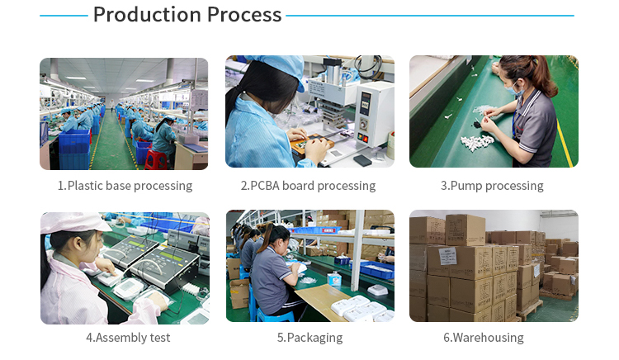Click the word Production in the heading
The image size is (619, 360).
pyautogui.click(x=145, y=15)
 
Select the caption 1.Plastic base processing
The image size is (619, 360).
pyautogui.click(x=125, y=186)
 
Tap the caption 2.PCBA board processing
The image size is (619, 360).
pyautogui.click(x=308, y=186)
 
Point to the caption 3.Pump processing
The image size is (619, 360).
pyautogui.click(x=492, y=186)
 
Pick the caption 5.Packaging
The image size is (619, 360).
pyautogui.click(x=309, y=338)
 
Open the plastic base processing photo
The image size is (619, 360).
pyautogui.click(x=124, y=113)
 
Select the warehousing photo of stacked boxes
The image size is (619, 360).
pyautogui.click(x=494, y=266)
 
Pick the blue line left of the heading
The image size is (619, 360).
pyautogui.click(x=64, y=16)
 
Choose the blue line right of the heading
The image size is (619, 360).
pyautogui.click(x=429, y=16)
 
